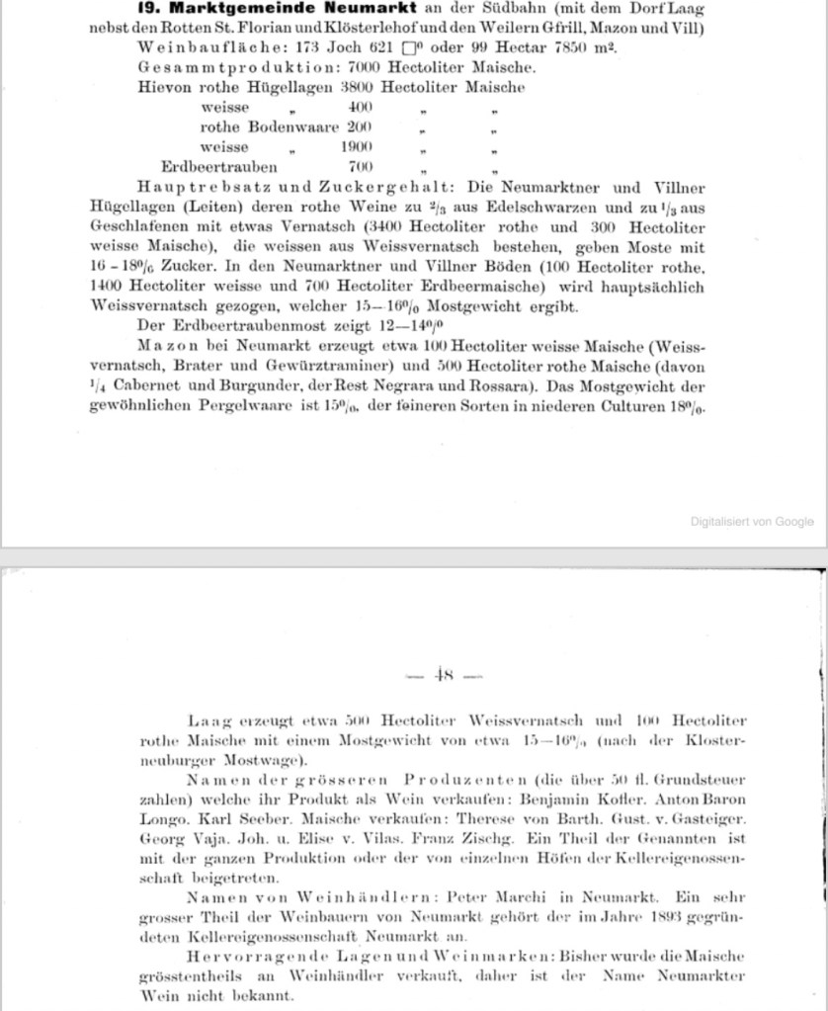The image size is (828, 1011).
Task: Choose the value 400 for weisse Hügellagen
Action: pyautogui.click(x=360, y=107)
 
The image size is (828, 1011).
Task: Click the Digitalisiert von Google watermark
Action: pyautogui.click(x=752, y=521)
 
